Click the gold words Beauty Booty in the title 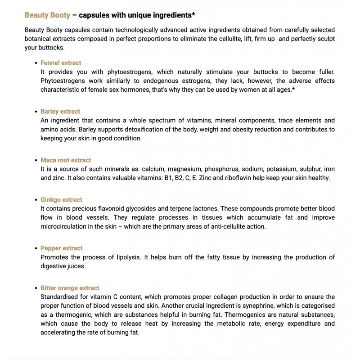(x=47, y=15)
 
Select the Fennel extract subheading (x=61, y=63)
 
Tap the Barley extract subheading (x=60, y=112)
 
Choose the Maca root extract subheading (x=66, y=160)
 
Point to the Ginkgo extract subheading (x=61, y=200)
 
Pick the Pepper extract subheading (x=61, y=248)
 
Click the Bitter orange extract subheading (x=70, y=288)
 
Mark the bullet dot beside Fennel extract (x=36, y=63)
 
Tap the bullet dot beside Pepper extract (x=36, y=248)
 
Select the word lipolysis (x=136, y=257)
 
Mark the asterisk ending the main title (x=193, y=14)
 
